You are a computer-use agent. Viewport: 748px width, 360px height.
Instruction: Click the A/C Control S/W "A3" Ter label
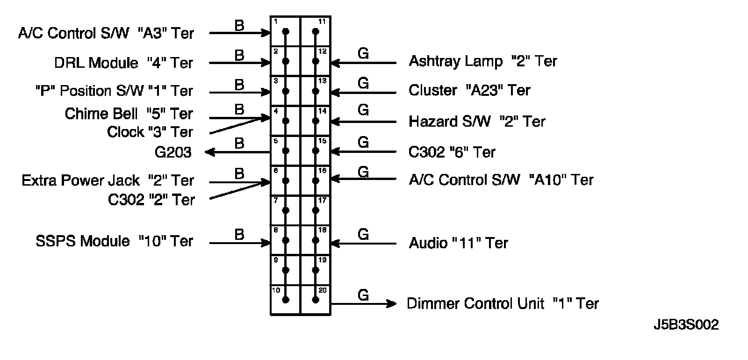(x=106, y=33)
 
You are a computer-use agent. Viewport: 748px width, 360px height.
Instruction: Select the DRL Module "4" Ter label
(x=123, y=63)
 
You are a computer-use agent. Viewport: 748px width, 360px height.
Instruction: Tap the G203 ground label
(x=173, y=152)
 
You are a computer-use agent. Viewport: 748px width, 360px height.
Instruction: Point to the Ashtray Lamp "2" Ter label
(x=483, y=61)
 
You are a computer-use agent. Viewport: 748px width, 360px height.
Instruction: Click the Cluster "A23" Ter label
(x=469, y=90)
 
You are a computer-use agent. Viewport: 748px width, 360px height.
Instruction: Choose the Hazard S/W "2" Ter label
(x=477, y=122)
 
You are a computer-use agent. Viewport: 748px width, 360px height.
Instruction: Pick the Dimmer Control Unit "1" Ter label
(x=503, y=303)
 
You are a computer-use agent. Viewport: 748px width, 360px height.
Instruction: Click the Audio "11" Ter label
(x=458, y=243)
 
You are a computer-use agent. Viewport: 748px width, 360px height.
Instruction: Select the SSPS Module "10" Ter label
(x=114, y=241)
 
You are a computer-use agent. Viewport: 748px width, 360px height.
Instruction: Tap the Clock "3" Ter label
(x=150, y=132)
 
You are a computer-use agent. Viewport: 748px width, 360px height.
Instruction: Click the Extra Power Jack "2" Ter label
(x=108, y=180)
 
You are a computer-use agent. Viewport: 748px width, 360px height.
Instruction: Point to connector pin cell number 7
(x=286, y=210)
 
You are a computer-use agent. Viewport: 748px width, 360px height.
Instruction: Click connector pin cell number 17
(x=316, y=210)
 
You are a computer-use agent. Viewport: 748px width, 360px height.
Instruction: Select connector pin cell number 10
(x=286, y=300)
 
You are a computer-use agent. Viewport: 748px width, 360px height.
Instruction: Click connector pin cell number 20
(x=316, y=300)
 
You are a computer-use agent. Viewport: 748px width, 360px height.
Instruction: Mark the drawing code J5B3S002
(x=686, y=325)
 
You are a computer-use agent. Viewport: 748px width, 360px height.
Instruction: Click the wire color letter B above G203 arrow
(x=239, y=143)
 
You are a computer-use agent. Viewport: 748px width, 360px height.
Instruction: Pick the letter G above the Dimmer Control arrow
(x=363, y=295)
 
